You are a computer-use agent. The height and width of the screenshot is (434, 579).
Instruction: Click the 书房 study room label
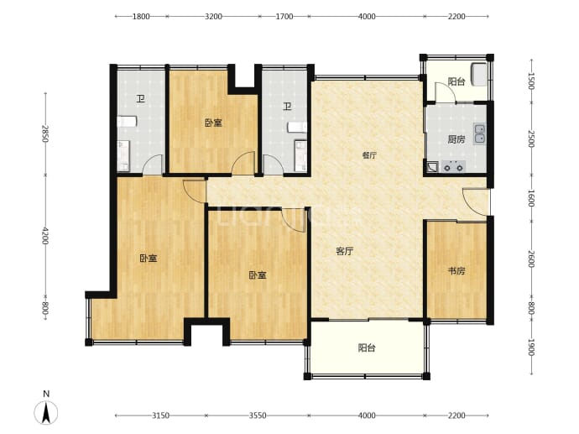click(456, 271)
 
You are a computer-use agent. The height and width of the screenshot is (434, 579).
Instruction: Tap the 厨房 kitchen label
click(456, 139)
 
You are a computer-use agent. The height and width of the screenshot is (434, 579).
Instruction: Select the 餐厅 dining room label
click(369, 155)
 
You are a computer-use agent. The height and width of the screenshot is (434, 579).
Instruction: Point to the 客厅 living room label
click(345, 252)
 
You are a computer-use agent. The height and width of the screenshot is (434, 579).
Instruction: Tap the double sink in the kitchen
click(480, 133)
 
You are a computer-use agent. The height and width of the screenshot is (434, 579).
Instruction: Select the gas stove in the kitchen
click(453, 166)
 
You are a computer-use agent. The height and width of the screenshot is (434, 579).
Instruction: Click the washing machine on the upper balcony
click(479, 75)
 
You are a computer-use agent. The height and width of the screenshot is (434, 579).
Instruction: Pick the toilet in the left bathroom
click(127, 122)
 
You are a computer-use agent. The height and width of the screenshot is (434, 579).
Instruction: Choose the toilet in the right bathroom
click(297, 127)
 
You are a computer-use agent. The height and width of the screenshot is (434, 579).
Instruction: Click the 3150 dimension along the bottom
click(160, 416)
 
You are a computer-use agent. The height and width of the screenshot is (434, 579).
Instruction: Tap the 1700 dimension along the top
click(284, 16)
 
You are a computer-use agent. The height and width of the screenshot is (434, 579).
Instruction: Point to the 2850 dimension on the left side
click(45, 133)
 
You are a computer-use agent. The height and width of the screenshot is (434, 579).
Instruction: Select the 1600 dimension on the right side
click(531, 198)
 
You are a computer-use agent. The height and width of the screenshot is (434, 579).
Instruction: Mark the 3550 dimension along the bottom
click(258, 416)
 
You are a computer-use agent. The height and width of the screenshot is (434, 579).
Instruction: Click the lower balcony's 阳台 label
click(367, 348)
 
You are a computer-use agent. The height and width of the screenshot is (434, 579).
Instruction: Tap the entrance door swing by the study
click(477, 201)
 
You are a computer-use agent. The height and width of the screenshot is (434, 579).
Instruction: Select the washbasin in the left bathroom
click(123, 156)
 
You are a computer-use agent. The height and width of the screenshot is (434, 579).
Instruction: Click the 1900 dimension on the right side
click(531, 348)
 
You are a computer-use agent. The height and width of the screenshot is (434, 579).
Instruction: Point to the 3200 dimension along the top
click(213, 16)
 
